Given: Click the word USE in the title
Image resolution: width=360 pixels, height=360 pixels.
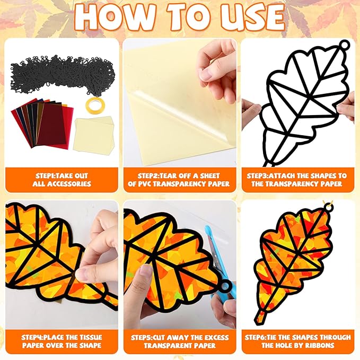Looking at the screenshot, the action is pyautogui.click(x=253, y=17).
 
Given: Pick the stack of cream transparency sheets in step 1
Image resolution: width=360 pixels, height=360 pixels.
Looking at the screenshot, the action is pyautogui.click(x=94, y=135).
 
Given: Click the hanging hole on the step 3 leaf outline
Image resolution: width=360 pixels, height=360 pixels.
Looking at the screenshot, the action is pyautogui.click(x=344, y=46).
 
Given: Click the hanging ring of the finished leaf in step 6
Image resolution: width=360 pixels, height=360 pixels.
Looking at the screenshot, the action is pyautogui.click(x=328, y=208).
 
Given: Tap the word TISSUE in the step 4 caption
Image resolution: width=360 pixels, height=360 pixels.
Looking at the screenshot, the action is pyautogui.click(x=90, y=337).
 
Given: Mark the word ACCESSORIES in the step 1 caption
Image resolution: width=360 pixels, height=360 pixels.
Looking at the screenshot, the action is pyautogui.click(x=69, y=184).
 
